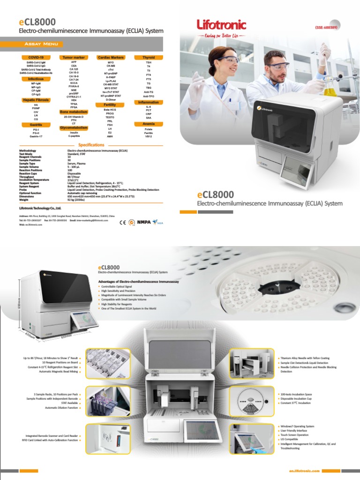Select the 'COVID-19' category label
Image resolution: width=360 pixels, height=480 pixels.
[29, 57]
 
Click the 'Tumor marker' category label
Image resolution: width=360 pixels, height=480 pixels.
[73, 57]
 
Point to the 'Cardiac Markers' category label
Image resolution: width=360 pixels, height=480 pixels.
[111, 57]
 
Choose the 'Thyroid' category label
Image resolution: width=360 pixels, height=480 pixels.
[148, 57]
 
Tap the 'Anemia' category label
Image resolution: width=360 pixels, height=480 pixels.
[148, 124]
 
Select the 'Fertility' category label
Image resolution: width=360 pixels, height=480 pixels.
[110, 105]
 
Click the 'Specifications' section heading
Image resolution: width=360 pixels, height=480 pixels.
[91, 145]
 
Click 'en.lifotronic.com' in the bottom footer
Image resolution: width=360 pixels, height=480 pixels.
[305, 470]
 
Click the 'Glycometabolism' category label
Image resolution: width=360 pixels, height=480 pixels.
[73, 127]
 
